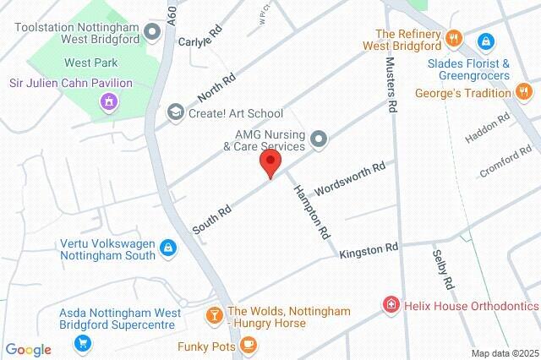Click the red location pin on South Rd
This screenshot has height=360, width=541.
[270, 163]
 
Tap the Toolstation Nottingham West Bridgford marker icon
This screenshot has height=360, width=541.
[153, 32]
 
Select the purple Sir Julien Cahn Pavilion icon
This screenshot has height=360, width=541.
[108, 103]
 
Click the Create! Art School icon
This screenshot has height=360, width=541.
[176, 112]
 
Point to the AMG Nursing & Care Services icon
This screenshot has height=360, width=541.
[319, 139]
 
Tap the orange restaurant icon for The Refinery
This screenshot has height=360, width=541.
[455, 38]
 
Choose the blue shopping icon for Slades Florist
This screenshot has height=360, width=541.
[486, 41]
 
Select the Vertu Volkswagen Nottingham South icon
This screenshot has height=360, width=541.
[168, 248]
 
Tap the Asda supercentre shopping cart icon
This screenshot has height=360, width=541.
[82, 342]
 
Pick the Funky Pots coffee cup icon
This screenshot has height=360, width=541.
[248, 345]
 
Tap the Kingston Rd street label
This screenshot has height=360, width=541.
[369, 251]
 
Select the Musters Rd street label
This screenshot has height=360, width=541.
[391, 85]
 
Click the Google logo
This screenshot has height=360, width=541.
[28, 349]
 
